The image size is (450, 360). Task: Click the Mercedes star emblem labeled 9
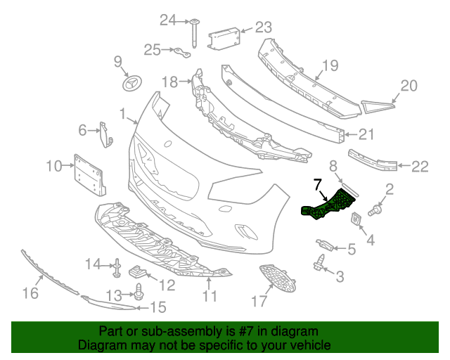(x=133, y=84)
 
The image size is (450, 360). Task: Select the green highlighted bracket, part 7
(x=327, y=205)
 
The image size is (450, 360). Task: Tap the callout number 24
(x=167, y=20)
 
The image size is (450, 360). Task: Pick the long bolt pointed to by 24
(x=194, y=33)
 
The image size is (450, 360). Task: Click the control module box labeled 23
(x=224, y=39)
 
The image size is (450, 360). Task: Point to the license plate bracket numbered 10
(x=89, y=175)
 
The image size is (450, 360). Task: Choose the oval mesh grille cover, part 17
(x=277, y=278)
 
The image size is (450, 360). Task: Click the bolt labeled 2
(x=375, y=210)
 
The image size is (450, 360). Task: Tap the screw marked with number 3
(x=319, y=262)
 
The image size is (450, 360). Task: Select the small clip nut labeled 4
(x=356, y=219)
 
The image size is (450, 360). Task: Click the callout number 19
(x=330, y=65)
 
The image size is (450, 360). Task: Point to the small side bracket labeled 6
(x=105, y=134)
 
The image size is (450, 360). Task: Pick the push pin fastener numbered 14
(x=117, y=268)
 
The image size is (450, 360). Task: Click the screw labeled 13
(x=139, y=292)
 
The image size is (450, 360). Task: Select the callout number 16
(x=30, y=293)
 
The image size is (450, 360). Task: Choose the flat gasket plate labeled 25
(x=182, y=53)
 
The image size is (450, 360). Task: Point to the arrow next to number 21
(x=351, y=134)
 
